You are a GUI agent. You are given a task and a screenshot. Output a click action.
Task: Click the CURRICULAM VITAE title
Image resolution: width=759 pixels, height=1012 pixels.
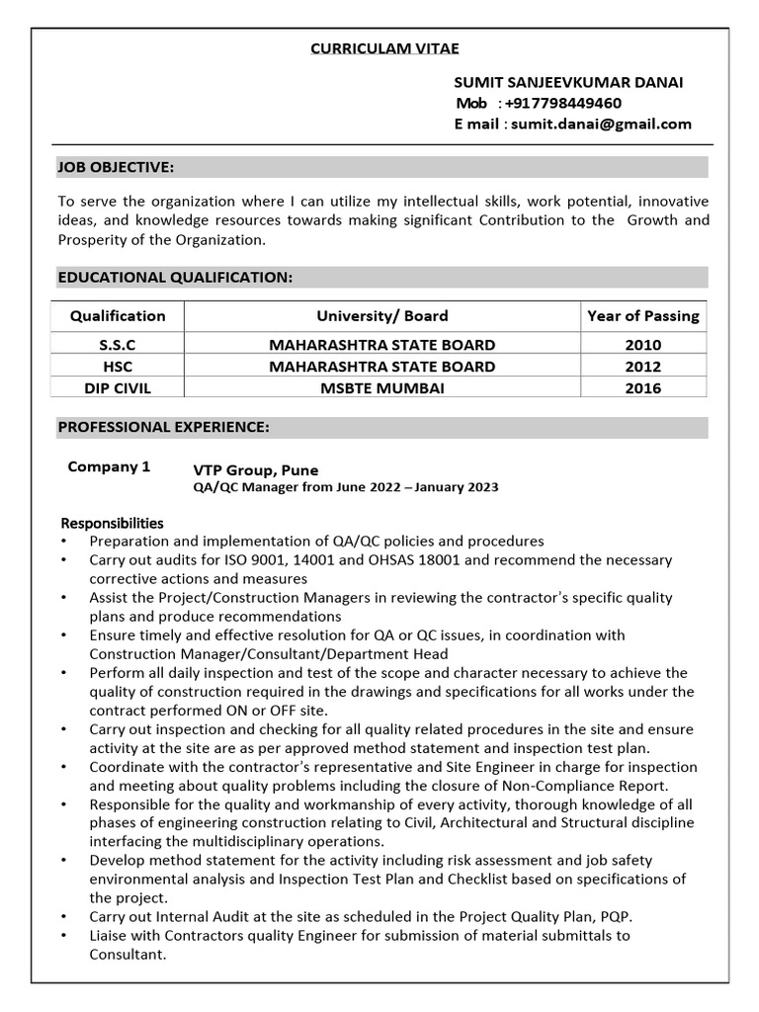pyautogui.click(x=385, y=48)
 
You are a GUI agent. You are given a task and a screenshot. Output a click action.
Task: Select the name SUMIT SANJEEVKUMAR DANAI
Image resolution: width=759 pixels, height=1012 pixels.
pyautogui.click(x=568, y=82)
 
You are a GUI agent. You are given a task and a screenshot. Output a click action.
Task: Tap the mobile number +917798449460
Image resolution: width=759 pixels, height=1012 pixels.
pyautogui.click(x=562, y=103)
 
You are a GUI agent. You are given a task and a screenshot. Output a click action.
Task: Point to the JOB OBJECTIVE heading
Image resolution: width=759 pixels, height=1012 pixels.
pyautogui.click(x=117, y=167)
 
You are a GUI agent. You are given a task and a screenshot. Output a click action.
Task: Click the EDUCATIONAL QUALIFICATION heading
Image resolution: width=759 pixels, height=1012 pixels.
pyautogui.click(x=176, y=278)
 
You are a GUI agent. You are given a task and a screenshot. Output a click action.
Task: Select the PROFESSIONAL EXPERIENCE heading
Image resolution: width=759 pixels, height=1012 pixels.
pyautogui.click(x=163, y=428)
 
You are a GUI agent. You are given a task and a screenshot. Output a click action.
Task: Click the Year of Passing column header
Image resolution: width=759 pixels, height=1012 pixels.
pyautogui.click(x=642, y=316)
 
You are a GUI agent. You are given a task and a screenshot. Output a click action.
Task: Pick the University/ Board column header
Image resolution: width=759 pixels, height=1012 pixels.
pyautogui.click(x=381, y=316)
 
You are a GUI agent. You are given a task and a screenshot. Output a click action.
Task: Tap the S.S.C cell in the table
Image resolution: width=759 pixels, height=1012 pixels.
pyautogui.click(x=118, y=345)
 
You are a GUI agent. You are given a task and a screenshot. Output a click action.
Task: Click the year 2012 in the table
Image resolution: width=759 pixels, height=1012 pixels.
pyautogui.click(x=642, y=367)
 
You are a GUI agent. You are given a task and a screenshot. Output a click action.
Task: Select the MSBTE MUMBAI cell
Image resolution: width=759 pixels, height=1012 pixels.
pyautogui.click(x=381, y=388)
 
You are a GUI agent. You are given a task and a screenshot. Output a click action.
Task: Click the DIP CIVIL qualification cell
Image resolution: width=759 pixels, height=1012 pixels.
pyautogui.click(x=118, y=388)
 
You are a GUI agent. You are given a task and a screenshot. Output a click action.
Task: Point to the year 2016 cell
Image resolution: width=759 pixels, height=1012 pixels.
pyautogui.click(x=642, y=388)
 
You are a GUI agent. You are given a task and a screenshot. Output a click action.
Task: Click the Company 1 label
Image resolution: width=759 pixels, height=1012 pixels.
pyautogui.click(x=109, y=467)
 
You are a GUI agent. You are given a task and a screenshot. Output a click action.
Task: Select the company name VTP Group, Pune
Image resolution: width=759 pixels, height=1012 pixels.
pyautogui.click(x=256, y=470)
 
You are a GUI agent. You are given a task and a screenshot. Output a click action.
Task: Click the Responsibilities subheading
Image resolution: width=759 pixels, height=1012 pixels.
pyautogui.click(x=113, y=523)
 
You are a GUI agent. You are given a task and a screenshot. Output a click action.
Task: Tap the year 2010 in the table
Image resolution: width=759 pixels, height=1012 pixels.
pyautogui.click(x=642, y=345)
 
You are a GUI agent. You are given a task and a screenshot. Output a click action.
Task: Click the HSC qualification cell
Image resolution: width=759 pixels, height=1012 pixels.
pyautogui.click(x=118, y=367)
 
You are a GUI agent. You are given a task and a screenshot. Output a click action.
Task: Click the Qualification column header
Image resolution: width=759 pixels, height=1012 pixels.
pyautogui.click(x=118, y=316)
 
